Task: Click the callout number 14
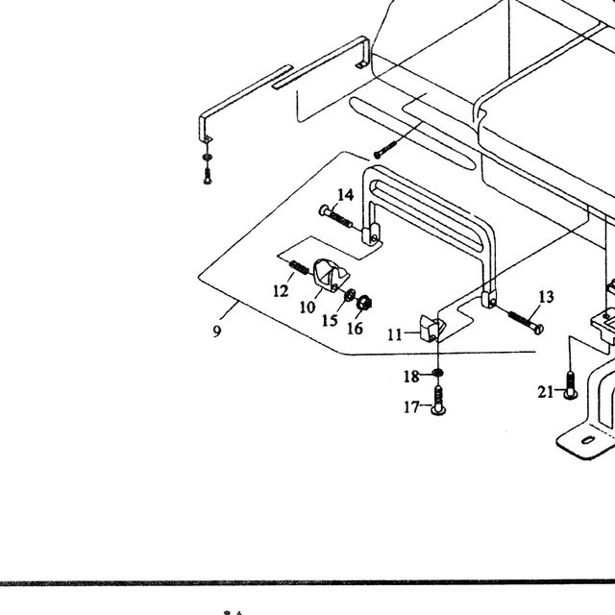pos(346,195)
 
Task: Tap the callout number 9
pos(217,332)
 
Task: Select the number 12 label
pos(281,291)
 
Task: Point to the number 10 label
pos(307,307)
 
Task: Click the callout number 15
pos(330,320)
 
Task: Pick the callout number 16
pos(355,329)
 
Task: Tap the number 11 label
pos(395,335)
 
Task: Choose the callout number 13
pos(546,297)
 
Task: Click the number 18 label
pos(411,377)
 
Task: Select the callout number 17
pos(412,407)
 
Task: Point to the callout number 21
pos(546,392)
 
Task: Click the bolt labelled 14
pos(335,216)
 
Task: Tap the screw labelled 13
pos(526,322)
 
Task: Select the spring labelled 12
pos(299,267)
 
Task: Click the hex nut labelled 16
pos(364,302)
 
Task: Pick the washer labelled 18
pos(438,372)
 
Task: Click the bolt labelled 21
pos(570,385)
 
